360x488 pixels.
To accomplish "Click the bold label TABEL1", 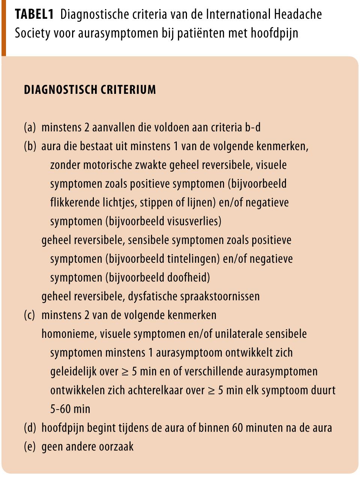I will coord(34,15).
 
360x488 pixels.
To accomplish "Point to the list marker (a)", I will coord(30,128).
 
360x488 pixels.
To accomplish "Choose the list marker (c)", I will coord(30,315).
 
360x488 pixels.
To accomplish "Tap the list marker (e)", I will coord(30,447).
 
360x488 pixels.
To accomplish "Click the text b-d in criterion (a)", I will coord(252,128).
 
